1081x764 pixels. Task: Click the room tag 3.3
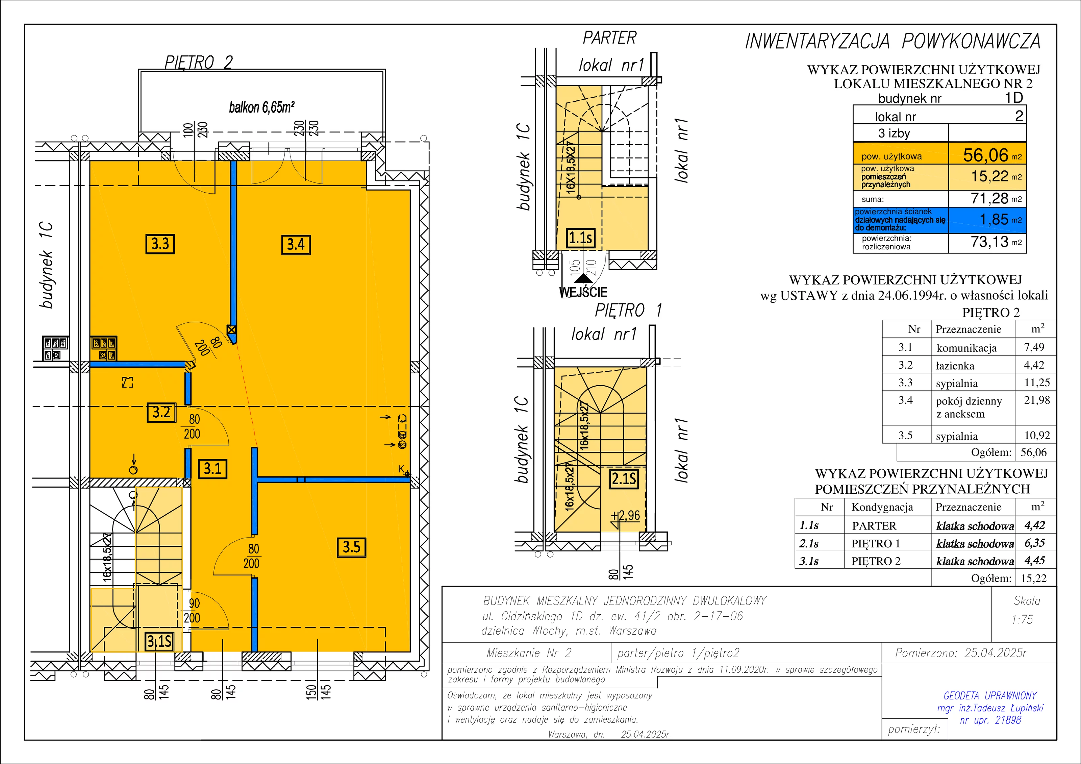(x=160, y=244)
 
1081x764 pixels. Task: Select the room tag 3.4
(x=296, y=244)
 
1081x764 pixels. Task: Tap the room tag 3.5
(x=351, y=547)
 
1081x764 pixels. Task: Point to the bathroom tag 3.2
(x=161, y=412)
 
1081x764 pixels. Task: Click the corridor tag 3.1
(x=212, y=469)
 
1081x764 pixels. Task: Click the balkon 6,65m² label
(x=262, y=107)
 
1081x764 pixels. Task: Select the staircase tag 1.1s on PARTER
(x=580, y=238)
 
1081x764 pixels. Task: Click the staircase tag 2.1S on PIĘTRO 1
(x=624, y=479)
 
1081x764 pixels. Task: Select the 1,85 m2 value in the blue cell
(x=1001, y=220)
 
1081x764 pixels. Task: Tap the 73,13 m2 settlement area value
(x=996, y=242)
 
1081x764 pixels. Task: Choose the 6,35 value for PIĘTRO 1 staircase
(x=1034, y=543)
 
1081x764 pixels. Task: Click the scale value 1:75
(x=1022, y=619)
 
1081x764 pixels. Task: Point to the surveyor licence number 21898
(x=1008, y=720)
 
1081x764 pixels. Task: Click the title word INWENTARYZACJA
(x=817, y=42)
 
